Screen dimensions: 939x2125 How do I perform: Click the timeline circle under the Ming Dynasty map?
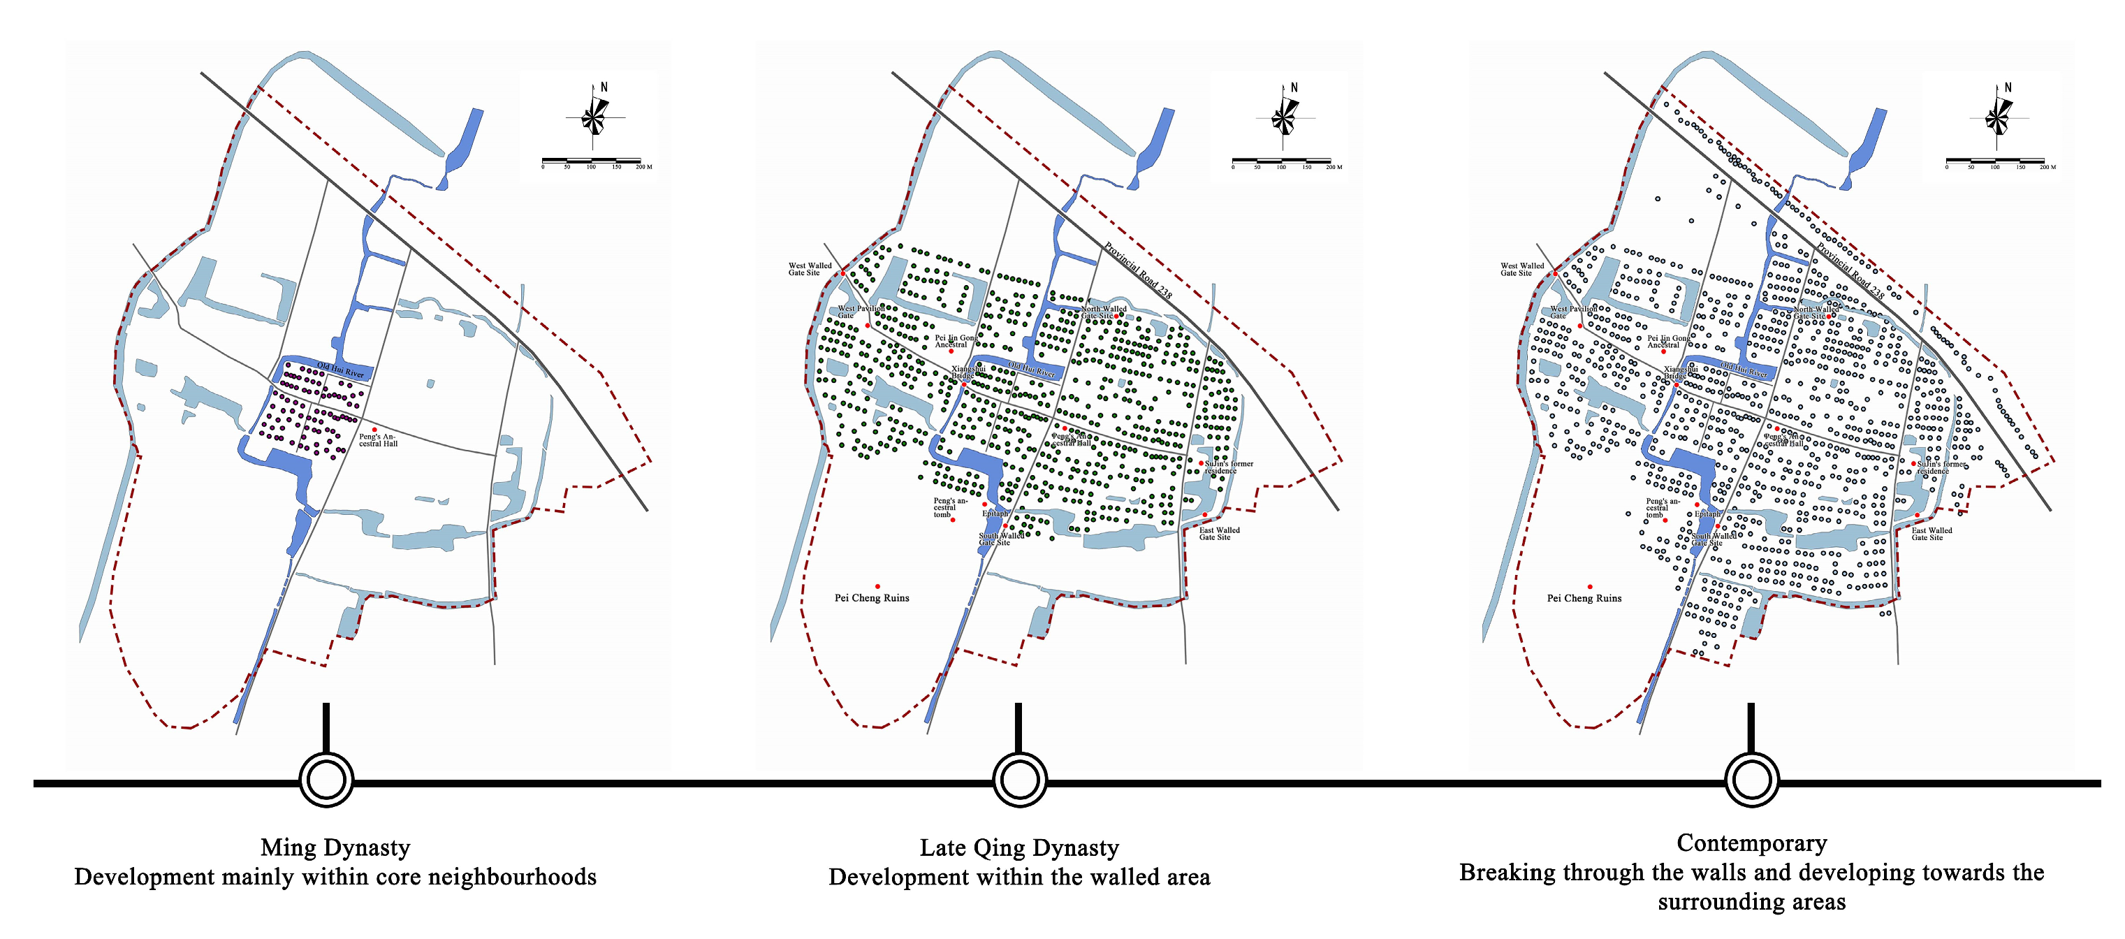(x=326, y=780)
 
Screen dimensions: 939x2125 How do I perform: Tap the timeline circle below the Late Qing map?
(x=1020, y=780)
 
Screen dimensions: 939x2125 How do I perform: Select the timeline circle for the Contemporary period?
(x=1751, y=780)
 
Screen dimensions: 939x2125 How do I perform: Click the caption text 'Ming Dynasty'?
(x=335, y=847)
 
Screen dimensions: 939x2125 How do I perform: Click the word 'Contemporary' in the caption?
(x=1751, y=843)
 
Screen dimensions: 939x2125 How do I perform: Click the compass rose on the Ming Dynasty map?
(x=594, y=117)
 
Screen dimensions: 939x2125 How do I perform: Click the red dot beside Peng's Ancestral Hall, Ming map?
(x=374, y=430)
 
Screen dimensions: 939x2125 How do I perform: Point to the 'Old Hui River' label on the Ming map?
(x=340, y=370)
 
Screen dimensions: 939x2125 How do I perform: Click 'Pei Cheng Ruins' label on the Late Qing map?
(x=871, y=598)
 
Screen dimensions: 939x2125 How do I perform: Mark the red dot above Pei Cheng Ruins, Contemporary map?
(x=1590, y=587)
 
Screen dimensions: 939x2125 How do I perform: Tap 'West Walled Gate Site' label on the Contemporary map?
(x=1521, y=269)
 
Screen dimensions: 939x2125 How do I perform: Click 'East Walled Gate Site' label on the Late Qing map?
(x=1218, y=534)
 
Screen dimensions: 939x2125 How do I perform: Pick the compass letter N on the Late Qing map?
(x=1294, y=87)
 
